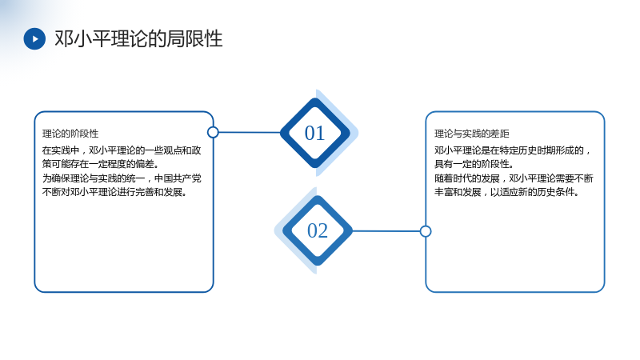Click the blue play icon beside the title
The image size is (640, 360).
click(34, 38)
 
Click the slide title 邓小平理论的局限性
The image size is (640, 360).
click(138, 38)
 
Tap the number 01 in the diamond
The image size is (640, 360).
click(314, 133)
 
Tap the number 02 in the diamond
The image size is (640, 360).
click(318, 230)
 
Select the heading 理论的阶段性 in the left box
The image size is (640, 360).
click(70, 134)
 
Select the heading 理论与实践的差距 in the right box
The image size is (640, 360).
click(471, 134)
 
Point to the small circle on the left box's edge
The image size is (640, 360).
click(213, 132)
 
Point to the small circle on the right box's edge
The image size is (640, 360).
click(426, 231)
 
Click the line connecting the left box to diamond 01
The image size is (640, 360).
click(250, 132)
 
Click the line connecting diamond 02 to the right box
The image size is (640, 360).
click(386, 231)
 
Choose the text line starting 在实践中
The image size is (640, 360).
click(122, 150)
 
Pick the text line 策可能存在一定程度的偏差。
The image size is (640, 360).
click(101, 164)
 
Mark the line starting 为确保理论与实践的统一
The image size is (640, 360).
click(122, 178)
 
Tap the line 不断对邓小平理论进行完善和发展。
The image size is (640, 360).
click(114, 192)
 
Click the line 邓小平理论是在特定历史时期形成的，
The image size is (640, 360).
click(512, 150)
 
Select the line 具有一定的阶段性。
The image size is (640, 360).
click(474, 164)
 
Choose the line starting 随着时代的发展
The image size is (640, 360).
click(514, 178)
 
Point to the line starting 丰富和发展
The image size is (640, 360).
click(506, 192)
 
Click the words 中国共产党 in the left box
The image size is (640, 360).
click(178, 178)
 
